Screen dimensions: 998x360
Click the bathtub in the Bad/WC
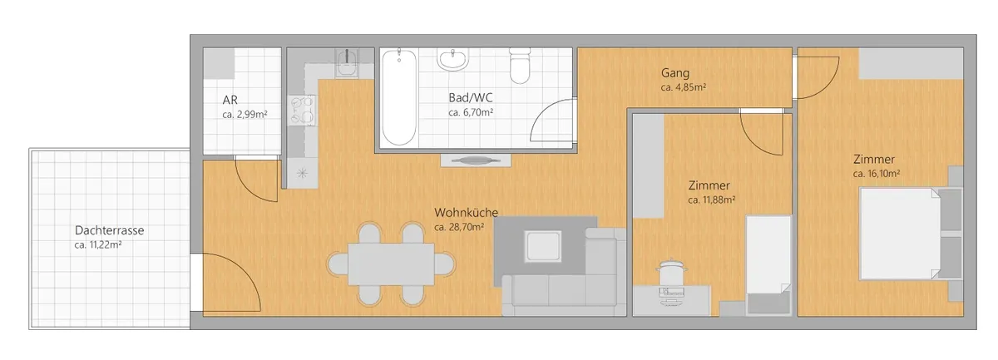pos(399,97)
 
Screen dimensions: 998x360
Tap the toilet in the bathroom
pos(520,66)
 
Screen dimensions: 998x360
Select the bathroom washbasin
pos(452,60)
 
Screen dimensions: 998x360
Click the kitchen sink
pos(347,63)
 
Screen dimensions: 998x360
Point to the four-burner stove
pos(302,110)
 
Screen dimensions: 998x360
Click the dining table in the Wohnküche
pos(391,264)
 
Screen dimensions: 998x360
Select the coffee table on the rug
pos(543,246)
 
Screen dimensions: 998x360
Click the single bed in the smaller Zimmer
pos(768,265)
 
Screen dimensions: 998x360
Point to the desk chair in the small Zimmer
pos(672,272)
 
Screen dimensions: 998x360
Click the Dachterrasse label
pos(109,230)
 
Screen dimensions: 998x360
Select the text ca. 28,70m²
pos(459,227)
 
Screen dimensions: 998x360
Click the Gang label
pos(675,72)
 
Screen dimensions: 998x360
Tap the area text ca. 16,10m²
pos(876,174)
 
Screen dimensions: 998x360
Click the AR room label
pos(230,100)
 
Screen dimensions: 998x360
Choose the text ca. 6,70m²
pos(471,112)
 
